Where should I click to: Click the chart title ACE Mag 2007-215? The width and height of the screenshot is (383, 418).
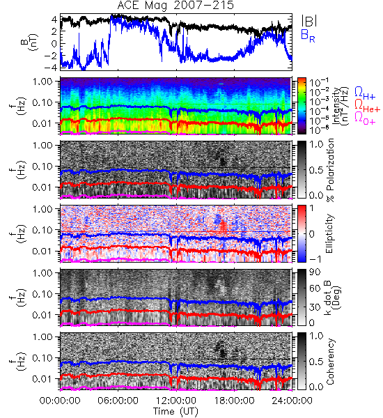175,6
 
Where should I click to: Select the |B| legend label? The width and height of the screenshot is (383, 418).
309,21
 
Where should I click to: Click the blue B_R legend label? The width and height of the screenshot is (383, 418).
308,36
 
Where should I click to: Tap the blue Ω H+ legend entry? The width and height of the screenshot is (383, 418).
365,93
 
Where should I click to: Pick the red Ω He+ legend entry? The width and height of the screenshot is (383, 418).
367,106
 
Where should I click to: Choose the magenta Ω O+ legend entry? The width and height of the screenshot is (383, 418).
365,118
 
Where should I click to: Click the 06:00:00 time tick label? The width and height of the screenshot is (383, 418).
118,401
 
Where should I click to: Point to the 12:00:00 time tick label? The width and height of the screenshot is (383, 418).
176,401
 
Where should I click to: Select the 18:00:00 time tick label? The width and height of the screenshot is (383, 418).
234,401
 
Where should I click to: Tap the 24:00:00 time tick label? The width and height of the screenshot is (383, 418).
292,401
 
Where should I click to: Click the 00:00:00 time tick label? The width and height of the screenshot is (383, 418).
60,401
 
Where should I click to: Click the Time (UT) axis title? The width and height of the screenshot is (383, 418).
175,412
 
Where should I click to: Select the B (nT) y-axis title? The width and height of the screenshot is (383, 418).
31,42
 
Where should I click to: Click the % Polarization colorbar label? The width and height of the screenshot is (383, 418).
331,170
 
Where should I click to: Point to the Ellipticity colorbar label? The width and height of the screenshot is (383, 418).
329,233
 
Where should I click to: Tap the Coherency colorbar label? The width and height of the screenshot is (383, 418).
330,362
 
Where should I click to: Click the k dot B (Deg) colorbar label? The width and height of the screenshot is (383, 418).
332,297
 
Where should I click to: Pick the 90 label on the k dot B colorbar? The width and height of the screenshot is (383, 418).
315,272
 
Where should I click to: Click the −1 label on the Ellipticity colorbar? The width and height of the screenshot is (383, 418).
315,259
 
